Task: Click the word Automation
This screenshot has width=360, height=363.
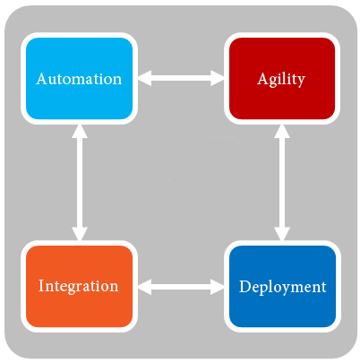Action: point(79,79)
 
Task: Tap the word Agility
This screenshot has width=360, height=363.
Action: point(281,80)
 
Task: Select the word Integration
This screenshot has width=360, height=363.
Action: point(79,286)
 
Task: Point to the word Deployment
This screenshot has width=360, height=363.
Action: point(283,287)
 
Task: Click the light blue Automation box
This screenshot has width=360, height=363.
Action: point(79,78)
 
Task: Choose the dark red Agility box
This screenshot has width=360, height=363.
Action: point(282,78)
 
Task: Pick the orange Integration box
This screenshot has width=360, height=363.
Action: point(79,286)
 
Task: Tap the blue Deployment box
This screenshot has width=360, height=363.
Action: point(282,286)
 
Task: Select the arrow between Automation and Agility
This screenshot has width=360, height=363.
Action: point(181,78)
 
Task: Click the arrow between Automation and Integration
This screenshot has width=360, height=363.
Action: point(80,183)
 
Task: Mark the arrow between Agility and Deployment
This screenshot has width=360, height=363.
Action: point(282,183)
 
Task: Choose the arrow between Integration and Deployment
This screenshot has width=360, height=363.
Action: point(181,287)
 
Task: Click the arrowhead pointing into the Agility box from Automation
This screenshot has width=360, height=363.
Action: point(218,78)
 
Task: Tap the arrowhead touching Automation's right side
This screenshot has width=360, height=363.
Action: point(145,78)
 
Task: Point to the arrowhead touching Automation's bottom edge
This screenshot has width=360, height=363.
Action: point(80,131)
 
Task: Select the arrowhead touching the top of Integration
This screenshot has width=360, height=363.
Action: point(80,234)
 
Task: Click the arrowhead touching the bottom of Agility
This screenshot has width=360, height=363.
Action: point(282,131)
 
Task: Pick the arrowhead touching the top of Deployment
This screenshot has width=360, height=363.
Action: point(282,234)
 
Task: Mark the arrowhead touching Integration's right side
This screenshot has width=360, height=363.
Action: point(145,287)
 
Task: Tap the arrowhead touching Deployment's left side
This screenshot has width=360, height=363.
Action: point(218,287)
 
